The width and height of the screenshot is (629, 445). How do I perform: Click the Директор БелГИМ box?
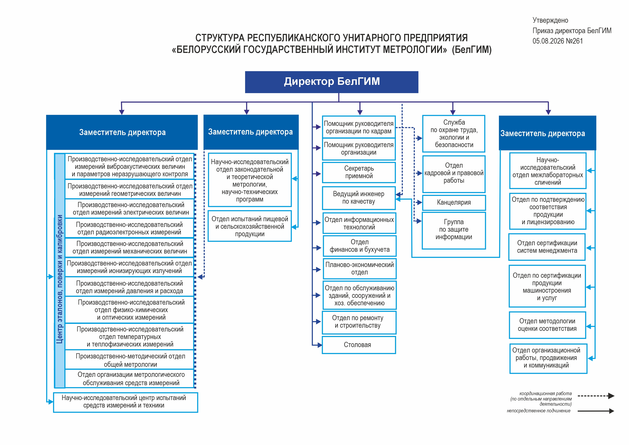(x=332, y=82)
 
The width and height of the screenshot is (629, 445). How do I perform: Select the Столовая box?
(x=359, y=345)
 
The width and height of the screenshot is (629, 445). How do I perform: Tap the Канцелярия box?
(x=454, y=203)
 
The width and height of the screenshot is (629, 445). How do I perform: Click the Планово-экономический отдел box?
(x=360, y=269)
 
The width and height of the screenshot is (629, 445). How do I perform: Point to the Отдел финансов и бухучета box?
(x=360, y=246)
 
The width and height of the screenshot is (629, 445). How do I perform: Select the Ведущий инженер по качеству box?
(x=359, y=198)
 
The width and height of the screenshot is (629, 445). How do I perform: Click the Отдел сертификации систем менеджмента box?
(x=547, y=247)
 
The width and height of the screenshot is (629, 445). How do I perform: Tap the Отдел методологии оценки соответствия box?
(x=547, y=325)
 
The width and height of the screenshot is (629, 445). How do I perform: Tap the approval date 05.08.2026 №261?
(x=557, y=41)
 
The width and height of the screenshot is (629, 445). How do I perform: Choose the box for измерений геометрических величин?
(x=130, y=189)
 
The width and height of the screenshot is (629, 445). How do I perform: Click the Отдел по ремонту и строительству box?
(x=359, y=322)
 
